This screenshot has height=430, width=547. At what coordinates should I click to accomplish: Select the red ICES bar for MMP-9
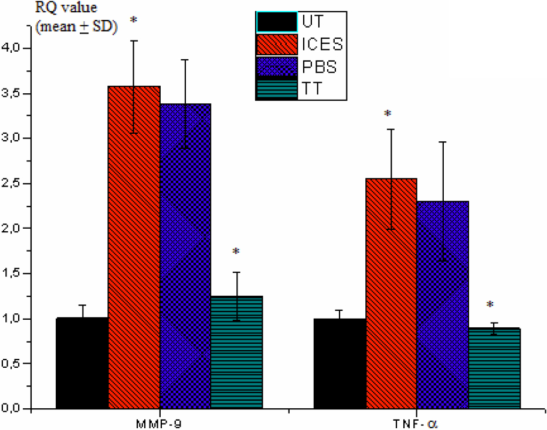pos(134,246)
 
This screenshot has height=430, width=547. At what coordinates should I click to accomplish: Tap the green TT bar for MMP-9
pos(236,352)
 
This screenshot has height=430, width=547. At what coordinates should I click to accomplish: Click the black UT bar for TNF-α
pos(339,363)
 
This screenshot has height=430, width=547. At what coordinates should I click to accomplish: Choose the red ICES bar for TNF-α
pos(391,293)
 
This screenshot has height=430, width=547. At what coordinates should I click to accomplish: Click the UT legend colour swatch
pos(276,22)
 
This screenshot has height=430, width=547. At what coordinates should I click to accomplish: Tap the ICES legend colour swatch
pos(276,45)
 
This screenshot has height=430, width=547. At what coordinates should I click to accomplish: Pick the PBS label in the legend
pos(320,67)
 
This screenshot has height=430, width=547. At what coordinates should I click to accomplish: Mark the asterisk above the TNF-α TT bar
pos(490,305)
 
